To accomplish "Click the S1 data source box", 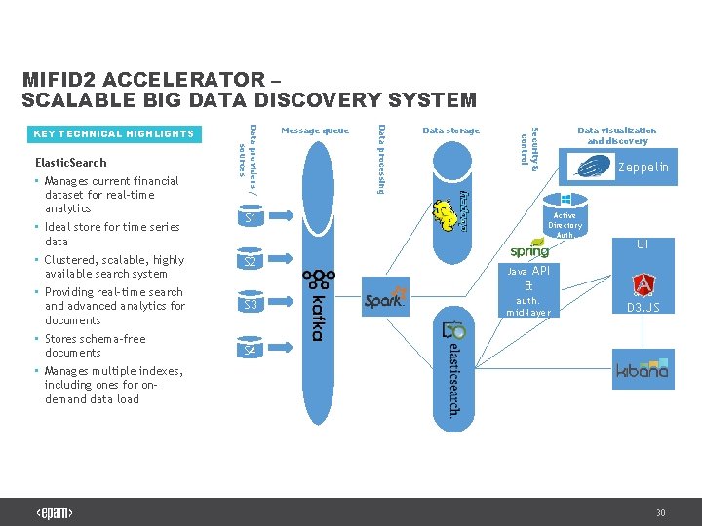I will (x=251, y=219).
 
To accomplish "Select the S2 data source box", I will (x=251, y=262).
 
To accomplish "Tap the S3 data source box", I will (x=251, y=305).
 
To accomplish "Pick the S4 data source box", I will (x=251, y=349).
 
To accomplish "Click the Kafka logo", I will (x=314, y=305).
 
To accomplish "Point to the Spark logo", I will (x=384, y=300).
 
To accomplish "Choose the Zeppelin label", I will (x=644, y=168).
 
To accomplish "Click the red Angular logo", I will (x=643, y=284).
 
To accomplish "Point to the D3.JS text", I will (x=643, y=308).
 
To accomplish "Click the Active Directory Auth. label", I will (x=565, y=225).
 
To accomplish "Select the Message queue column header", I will (x=314, y=131).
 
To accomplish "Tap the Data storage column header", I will (x=450, y=131).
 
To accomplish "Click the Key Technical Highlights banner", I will (x=114, y=133).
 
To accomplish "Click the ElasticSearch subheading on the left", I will (x=70, y=162).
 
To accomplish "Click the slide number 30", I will (x=660, y=512).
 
